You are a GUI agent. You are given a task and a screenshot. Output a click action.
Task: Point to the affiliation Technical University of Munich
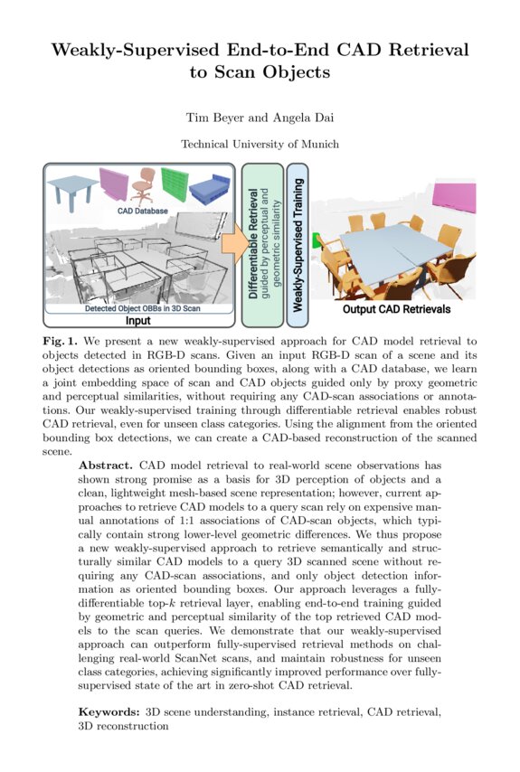tap(260, 144)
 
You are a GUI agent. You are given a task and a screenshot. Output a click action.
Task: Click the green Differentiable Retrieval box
tap(260, 244)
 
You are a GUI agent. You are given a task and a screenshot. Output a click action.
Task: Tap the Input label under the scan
tap(137, 320)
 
